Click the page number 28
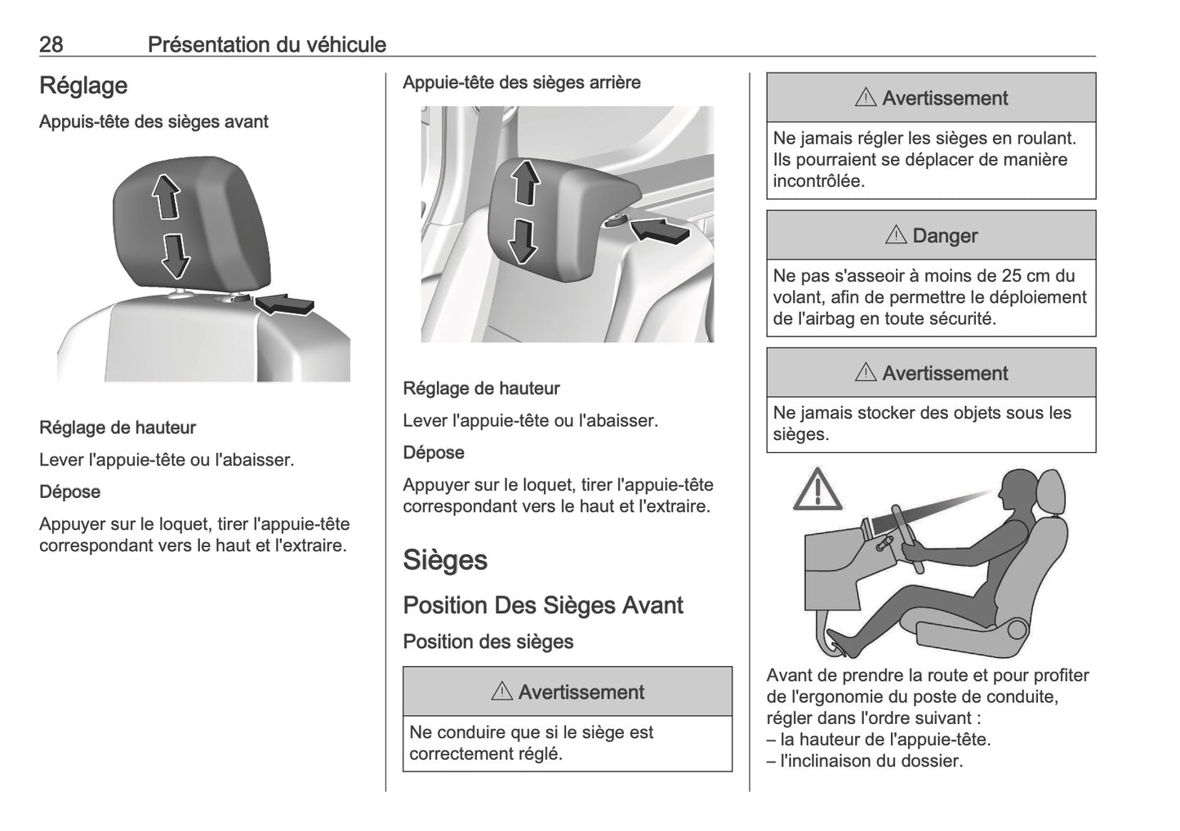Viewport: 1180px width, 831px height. (51, 44)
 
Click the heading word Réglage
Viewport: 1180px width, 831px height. (83, 86)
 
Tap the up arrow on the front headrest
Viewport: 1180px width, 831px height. (167, 198)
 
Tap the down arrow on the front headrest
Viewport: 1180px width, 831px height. (175, 256)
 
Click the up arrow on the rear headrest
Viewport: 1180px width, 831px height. (525, 181)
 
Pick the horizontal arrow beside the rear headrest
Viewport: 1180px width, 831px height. (661, 230)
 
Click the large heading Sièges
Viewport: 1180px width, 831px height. (445, 560)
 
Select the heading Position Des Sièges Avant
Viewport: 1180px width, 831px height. (543, 606)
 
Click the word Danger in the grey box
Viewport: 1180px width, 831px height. (945, 236)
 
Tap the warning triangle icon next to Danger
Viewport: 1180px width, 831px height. (896, 235)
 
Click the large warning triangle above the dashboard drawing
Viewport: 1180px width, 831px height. (817, 491)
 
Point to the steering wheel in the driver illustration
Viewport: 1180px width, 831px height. (906, 540)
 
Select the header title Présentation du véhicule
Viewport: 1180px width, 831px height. (266, 44)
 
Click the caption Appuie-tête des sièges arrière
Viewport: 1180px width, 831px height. (522, 82)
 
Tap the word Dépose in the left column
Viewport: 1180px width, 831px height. (70, 492)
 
